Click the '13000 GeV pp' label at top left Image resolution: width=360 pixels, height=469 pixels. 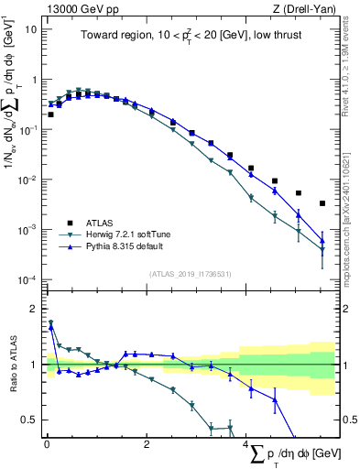tap(76, 8)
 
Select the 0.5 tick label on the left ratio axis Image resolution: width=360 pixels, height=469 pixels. tap(30, 420)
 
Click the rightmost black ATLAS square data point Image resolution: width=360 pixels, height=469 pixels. tap(322, 203)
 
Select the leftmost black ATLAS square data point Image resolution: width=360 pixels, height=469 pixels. tap(50, 115)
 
